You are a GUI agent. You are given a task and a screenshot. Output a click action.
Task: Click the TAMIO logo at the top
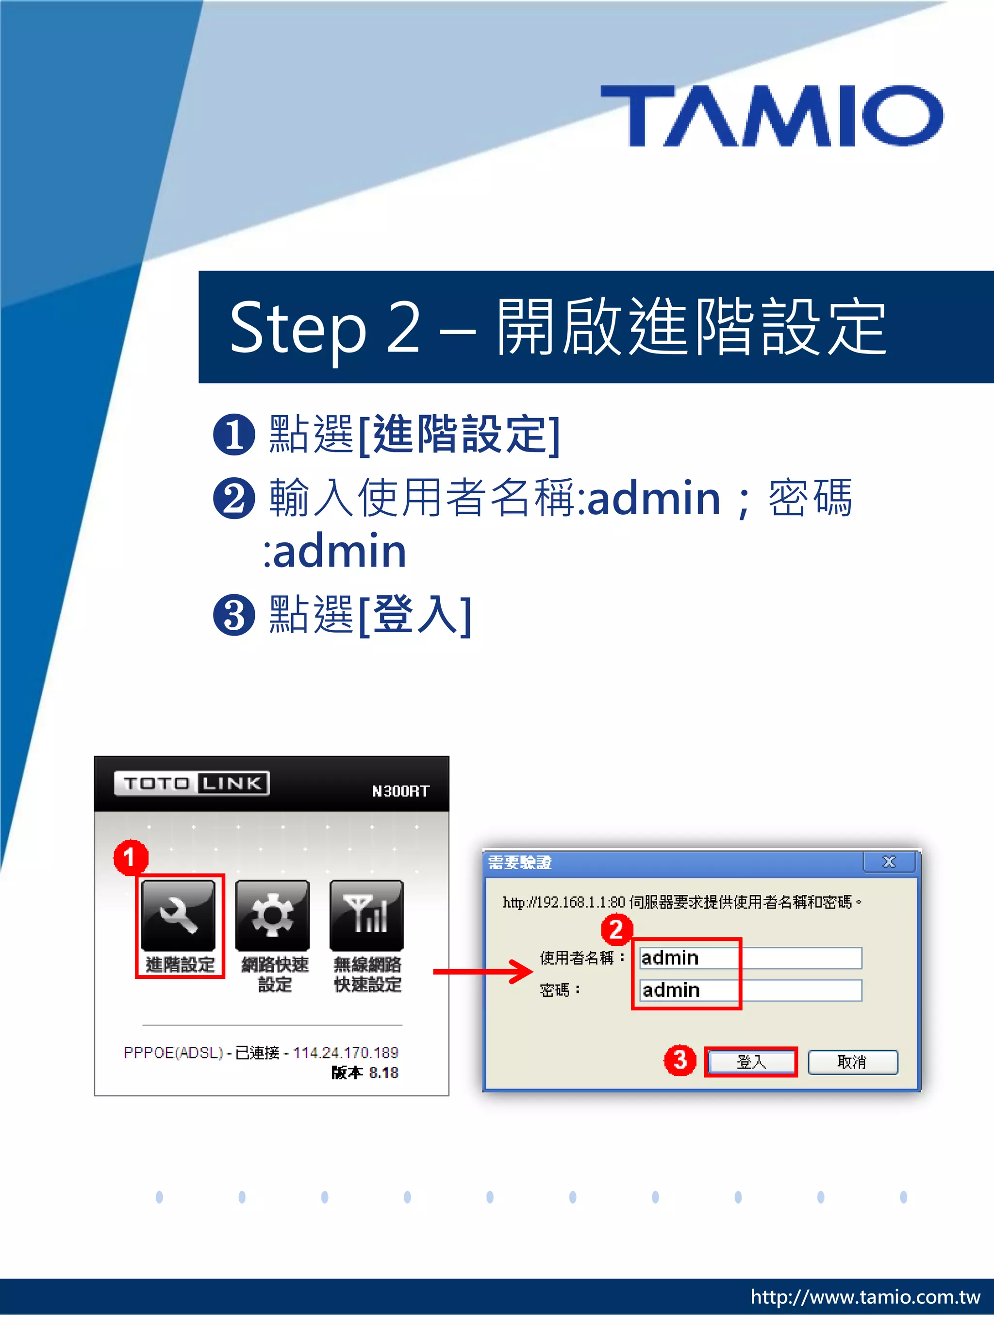tap(772, 115)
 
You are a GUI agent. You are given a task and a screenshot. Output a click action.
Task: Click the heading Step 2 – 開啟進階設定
tap(557, 327)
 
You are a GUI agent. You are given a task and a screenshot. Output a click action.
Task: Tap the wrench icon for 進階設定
tap(179, 915)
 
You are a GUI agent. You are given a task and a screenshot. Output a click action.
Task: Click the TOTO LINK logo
tap(192, 783)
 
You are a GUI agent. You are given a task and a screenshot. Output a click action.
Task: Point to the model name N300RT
tap(400, 791)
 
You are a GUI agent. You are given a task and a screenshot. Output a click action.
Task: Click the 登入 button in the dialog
tap(751, 1062)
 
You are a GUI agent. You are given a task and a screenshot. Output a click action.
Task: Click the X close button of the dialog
tap(889, 862)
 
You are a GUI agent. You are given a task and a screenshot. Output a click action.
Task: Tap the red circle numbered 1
tap(130, 857)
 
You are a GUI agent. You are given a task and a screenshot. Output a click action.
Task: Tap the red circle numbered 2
tap(616, 929)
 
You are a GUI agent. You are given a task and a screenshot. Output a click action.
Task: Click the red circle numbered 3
tap(679, 1060)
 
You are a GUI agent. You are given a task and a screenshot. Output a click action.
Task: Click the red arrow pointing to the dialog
tap(482, 972)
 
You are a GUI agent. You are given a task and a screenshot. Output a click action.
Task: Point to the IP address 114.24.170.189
tap(345, 1053)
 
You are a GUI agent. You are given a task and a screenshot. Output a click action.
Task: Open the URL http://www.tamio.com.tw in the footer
tap(865, 1297)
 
